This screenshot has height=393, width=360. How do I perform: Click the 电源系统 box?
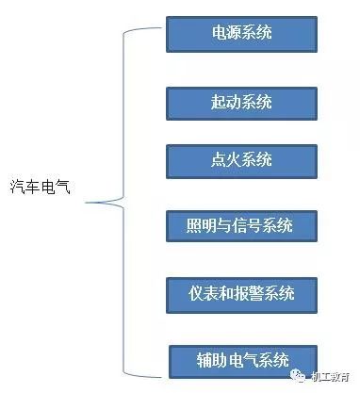[x=240, y=33]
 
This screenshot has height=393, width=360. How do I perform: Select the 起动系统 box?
[x=240, y=102]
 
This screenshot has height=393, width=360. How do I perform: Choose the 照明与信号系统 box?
[x=240, y=226]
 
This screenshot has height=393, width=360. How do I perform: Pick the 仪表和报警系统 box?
[x=240, y=293]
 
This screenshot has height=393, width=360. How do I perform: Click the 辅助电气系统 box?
[x=240, y=361]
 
